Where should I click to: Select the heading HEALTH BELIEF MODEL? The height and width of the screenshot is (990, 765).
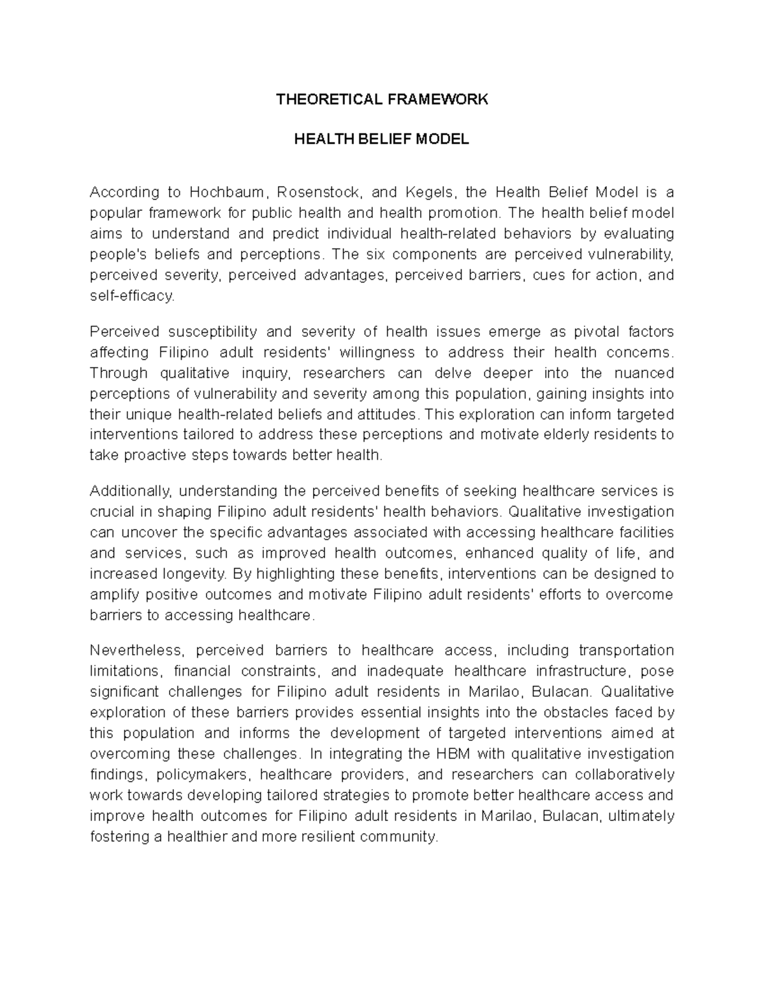[x=381, y=140]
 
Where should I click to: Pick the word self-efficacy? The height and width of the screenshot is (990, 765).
[x=131, y=296]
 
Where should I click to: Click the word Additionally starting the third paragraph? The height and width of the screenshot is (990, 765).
[x=131, y=491]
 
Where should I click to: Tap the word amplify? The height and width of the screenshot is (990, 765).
[x=114, y=595]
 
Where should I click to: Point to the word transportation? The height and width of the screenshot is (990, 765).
[x=626, y=650]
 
